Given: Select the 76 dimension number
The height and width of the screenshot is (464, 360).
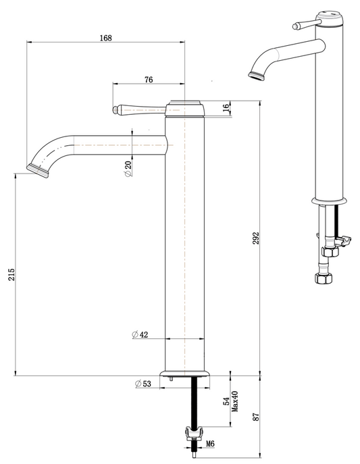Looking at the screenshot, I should [x=149, y=80].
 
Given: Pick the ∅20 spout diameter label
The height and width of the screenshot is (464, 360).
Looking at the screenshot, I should [x=128, y=169].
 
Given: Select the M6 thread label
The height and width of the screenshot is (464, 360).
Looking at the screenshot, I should [x=210, y=444].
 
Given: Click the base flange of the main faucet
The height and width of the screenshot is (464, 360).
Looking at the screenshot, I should [x=185, y=373].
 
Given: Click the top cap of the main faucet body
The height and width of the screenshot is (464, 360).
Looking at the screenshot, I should [x=184, y=105].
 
